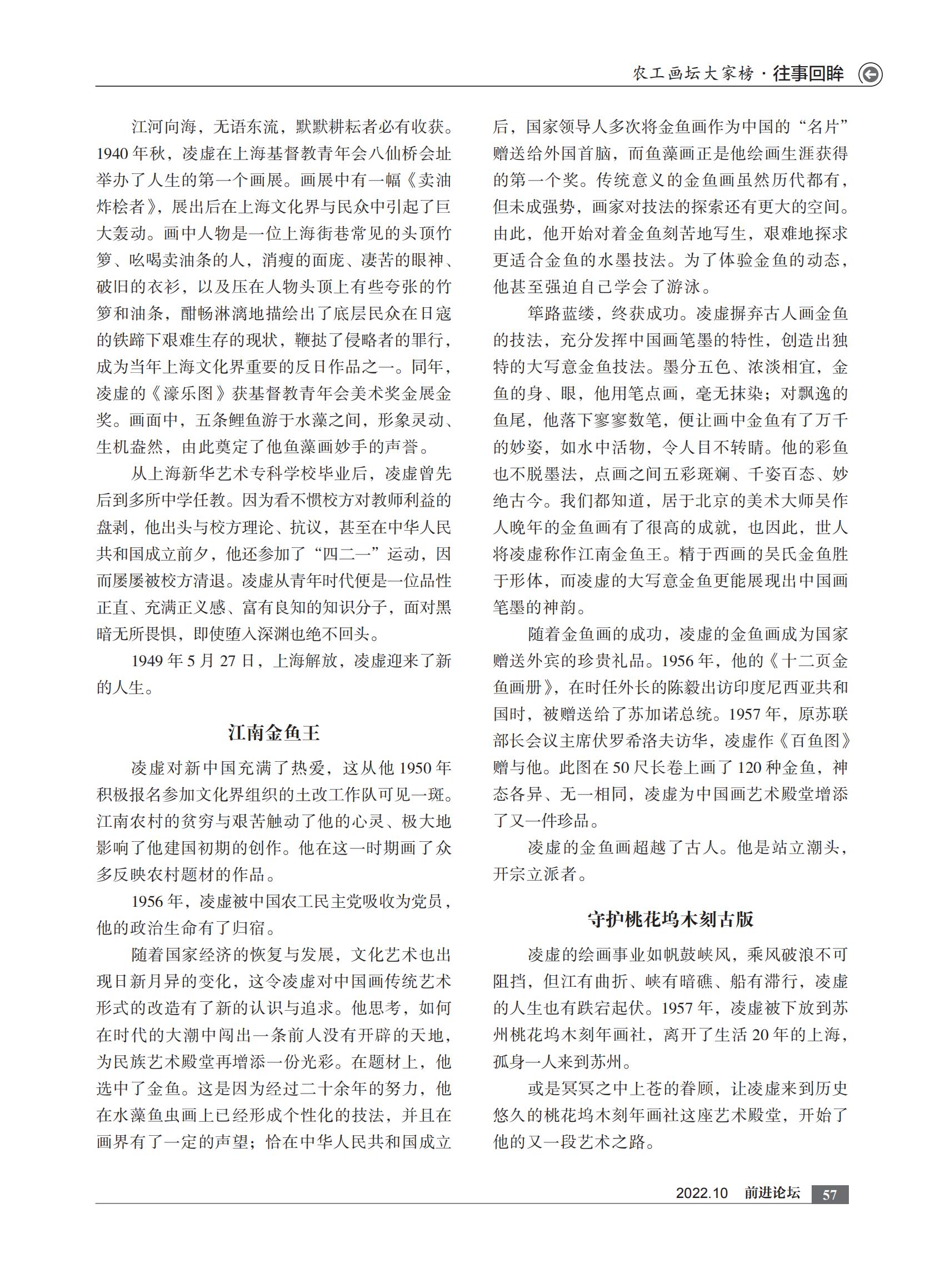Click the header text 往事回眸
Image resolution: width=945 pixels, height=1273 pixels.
point(808,74)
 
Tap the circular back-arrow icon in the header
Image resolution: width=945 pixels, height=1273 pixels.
point(871,74)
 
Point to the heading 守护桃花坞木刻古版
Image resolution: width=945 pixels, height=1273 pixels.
point(671,920)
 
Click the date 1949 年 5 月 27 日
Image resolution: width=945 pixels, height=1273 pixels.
point(192,661)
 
